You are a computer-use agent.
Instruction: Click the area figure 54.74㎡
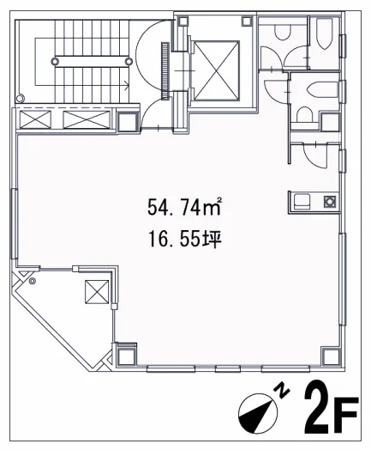coord(184,206)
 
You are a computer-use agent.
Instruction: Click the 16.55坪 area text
coord(184,240)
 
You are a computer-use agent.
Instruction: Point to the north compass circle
coord(258,413)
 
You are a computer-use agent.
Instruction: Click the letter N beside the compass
coord(282,391)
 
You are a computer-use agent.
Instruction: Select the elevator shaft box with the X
coord(217,70)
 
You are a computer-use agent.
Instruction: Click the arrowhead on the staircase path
coord(126,84)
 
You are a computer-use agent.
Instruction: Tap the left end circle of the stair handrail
coord(55,61)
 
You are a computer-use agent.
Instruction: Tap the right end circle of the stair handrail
coord(129,61)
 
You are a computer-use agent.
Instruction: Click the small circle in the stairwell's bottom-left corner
coord(20,99)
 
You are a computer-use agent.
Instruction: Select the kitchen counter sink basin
coord(302,202)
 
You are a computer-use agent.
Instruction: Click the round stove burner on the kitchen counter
coord(330,202)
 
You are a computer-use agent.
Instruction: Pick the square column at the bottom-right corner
coord(332,356)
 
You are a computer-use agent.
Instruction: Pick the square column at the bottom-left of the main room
coord(127,355)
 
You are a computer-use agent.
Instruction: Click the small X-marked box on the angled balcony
coord(97,292)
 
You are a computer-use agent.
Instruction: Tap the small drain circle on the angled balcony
coord(33,282)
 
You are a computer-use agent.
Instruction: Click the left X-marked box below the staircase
coord(35,119)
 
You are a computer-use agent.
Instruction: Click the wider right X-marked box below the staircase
coord(87,119)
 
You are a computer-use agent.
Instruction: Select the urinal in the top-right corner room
coord(324,33)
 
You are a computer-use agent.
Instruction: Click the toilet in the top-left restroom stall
coord(283,32)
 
